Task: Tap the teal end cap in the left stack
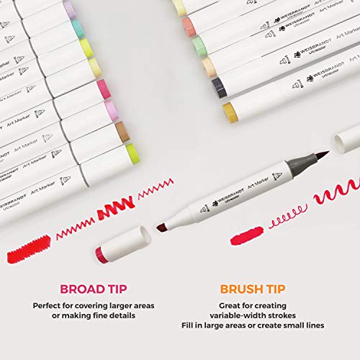click(77, 28)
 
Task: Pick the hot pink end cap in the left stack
click(104, 89)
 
